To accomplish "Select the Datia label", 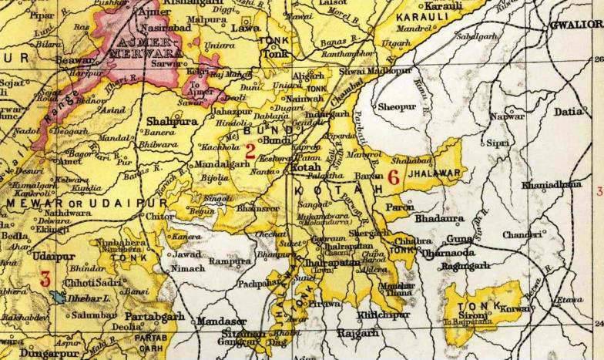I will pyautogui.click(x=569, y=112).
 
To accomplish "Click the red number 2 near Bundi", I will pyautogui.click(x=250, y=151).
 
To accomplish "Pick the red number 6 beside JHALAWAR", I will pyautogui.click(x=393, y=176).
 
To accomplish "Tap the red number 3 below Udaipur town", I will pyautogui.click(x=45, y=278).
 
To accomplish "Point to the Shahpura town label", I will pyautogui.click(x=172, y=121).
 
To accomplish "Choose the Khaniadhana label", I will pyautogui.click(x=552, y=185).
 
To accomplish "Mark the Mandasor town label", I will pyautogui.click(x=221, y=320).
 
